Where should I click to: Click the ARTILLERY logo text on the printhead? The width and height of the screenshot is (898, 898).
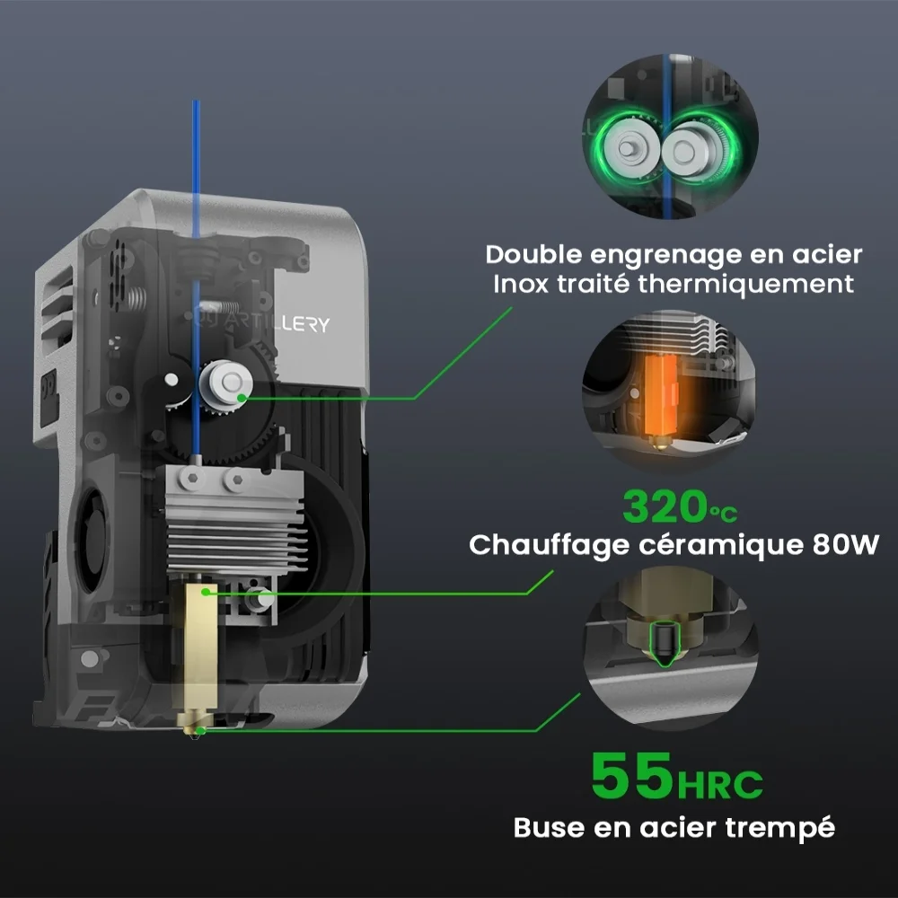click(269, 322)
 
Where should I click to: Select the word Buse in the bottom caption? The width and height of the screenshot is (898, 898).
click(543, 826)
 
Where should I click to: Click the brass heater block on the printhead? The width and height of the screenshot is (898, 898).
click(200, 647)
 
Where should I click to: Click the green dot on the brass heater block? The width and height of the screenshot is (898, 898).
click(207, 591)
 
